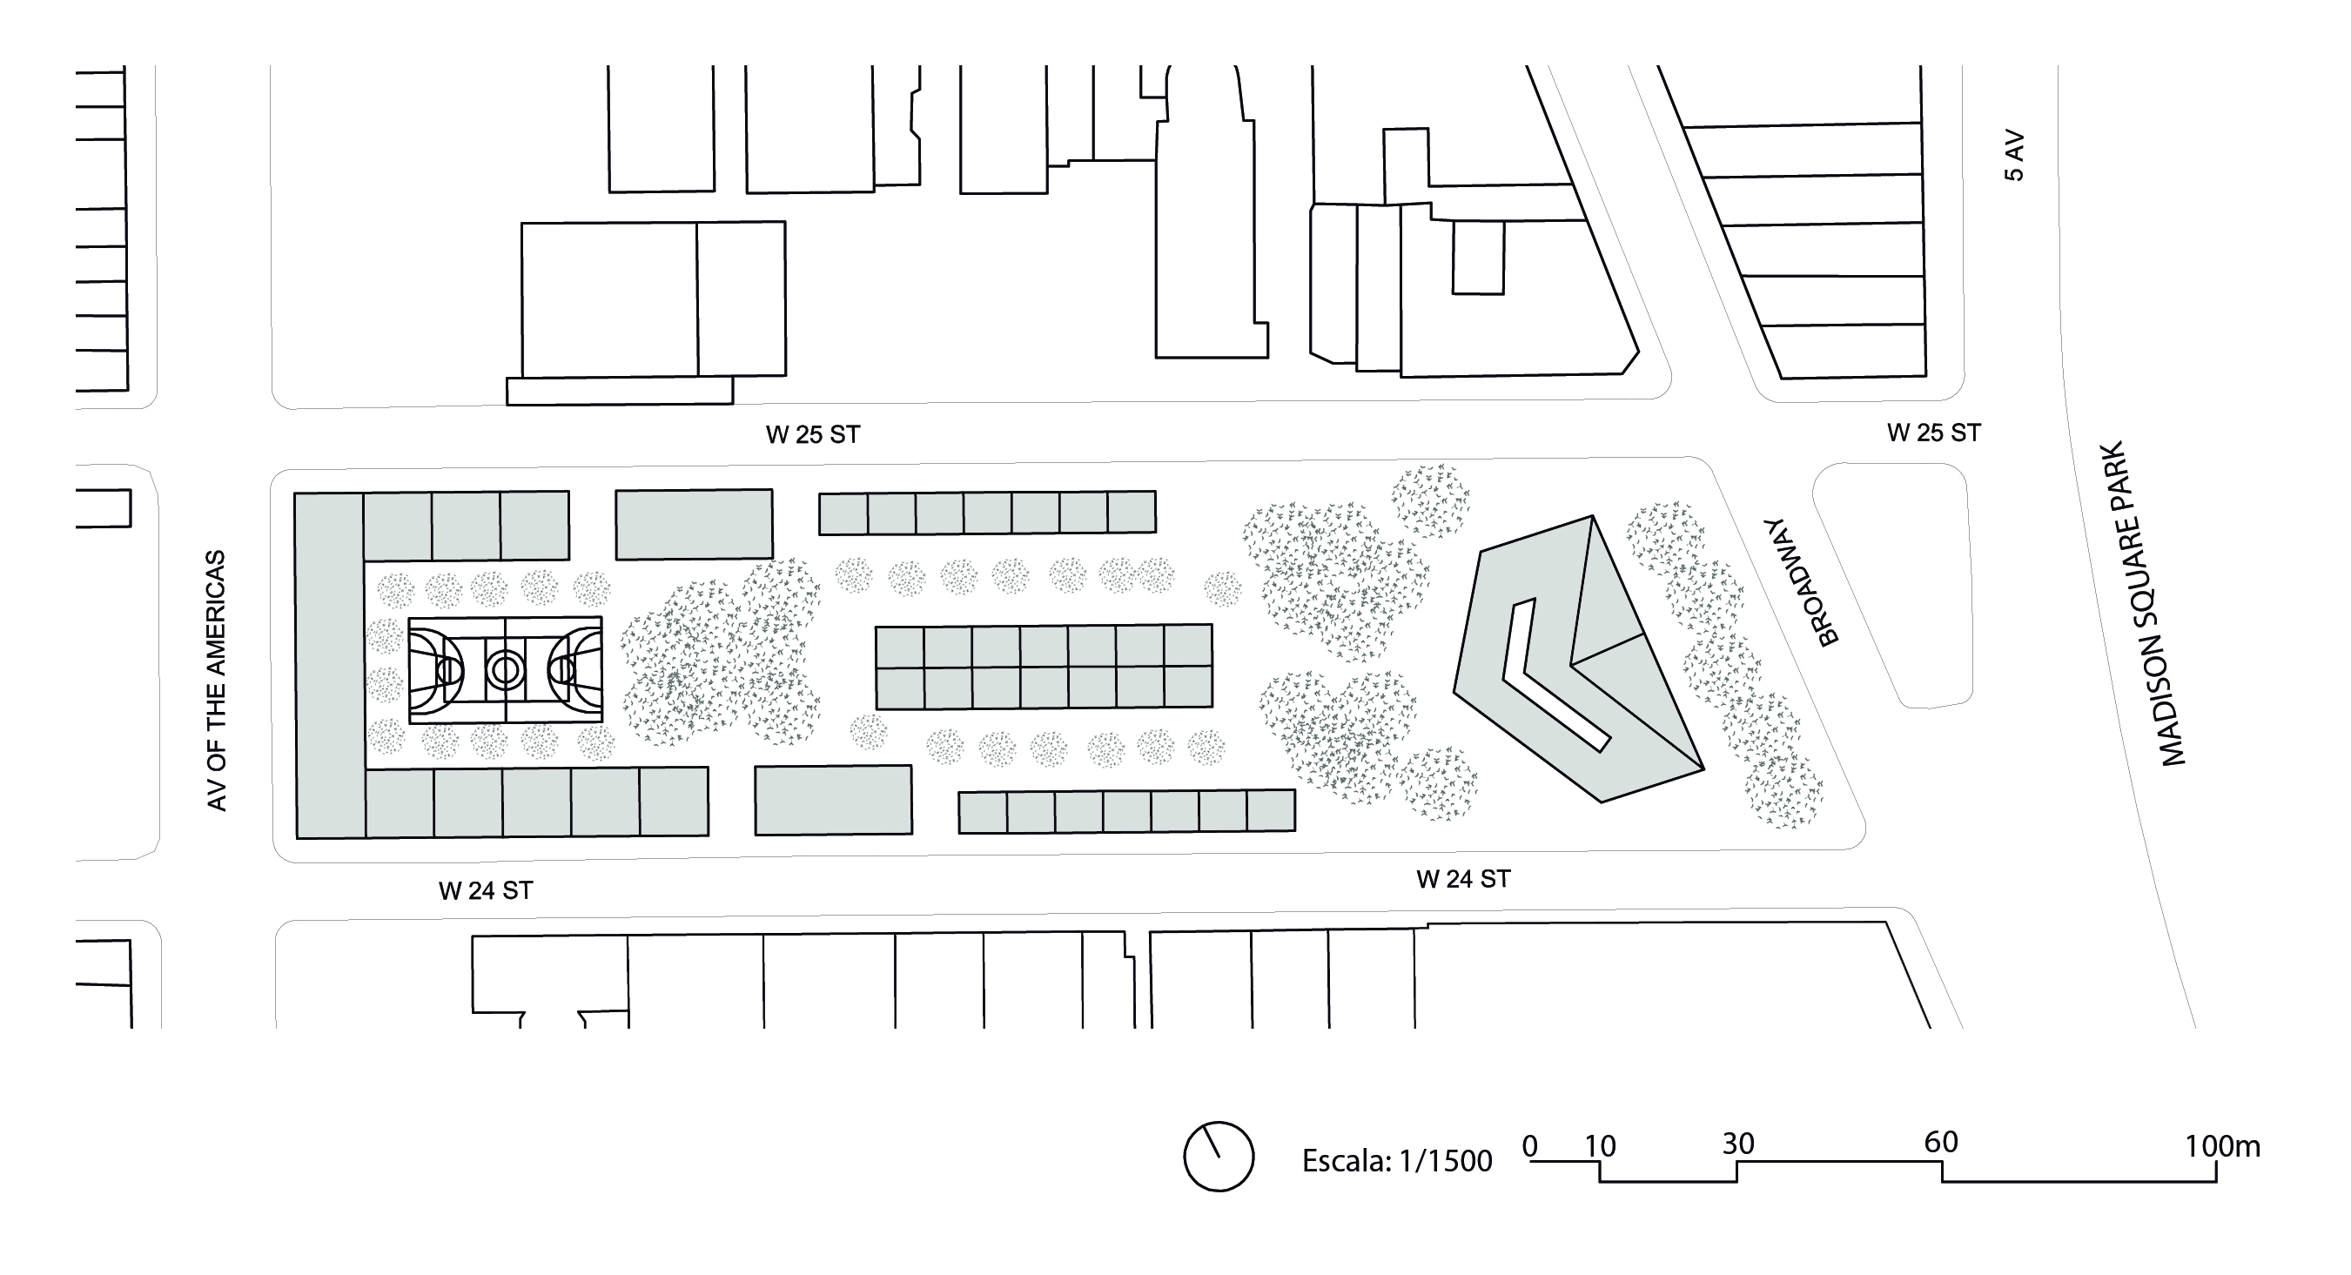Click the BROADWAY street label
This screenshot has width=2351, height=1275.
click(1801, 581)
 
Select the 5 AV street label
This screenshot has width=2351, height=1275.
click(2014, 157)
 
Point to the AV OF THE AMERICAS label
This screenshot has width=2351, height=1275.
click(217, 681)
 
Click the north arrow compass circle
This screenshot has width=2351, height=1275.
click(1219, 1157)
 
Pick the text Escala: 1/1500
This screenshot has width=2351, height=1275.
click(1396, 1161)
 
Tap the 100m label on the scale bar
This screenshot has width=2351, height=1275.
click(2222, 1146)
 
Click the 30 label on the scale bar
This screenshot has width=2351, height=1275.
click(1737, 1144)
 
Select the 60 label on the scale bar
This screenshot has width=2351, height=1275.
click(1941, 1142)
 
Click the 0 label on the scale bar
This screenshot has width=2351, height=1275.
click(1530, 1146)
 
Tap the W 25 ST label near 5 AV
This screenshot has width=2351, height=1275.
click(1934, 433)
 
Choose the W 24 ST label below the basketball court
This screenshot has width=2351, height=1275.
click(486, 891)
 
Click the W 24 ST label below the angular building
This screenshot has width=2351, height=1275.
click(1463, 879)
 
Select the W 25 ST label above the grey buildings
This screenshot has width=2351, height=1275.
click(812, 435)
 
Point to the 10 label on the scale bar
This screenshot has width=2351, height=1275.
click(1600, 1146)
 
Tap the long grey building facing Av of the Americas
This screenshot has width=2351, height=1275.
click(330, 665)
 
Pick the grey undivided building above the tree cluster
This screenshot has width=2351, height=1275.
click(694, 525)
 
